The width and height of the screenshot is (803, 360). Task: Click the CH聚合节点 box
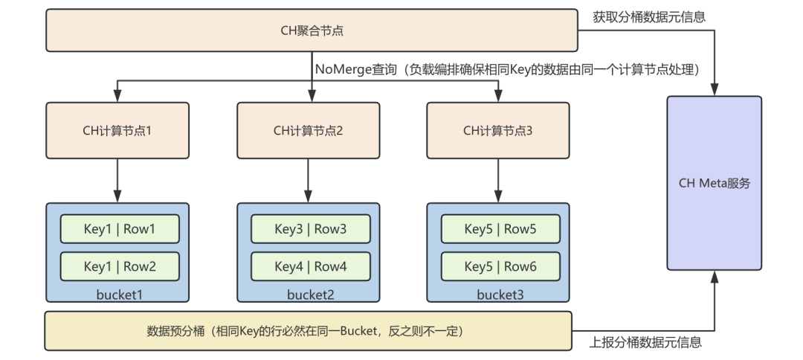(312, 30)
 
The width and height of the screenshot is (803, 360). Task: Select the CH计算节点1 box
(117, 131)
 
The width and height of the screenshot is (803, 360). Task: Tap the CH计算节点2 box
(309, 131)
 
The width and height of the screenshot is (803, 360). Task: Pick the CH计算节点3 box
(497, 131)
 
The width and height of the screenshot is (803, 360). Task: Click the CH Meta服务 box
(714, 183)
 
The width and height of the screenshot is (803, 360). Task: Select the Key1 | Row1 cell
(120, 229)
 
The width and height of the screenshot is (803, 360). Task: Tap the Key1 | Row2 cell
(120, 266)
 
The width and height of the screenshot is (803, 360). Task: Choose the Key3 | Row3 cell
(310, 229)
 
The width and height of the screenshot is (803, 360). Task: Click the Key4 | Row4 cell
(310, 266)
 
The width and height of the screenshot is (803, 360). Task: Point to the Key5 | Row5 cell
(500, 229)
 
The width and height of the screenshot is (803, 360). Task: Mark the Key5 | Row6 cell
(500, 266)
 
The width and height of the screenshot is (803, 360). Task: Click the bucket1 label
(119, 295)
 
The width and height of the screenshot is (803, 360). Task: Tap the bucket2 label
(310, 295)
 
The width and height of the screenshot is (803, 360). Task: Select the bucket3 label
(500, 295)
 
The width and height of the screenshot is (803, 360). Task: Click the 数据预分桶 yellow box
(308, 331)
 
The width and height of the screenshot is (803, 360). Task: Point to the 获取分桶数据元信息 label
(649, 17)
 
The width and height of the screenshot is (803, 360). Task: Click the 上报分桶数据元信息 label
(645, 342)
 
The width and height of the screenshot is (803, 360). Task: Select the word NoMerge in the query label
(343, 69)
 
